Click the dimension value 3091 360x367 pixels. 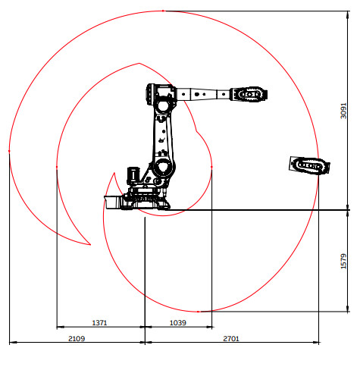343,111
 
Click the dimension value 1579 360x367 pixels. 343,262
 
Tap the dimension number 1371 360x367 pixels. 99,323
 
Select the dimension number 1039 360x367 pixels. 178,323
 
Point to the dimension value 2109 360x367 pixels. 77,338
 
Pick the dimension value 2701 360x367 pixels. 231,338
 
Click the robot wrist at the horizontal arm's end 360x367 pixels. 249,94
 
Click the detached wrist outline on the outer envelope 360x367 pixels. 309,166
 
